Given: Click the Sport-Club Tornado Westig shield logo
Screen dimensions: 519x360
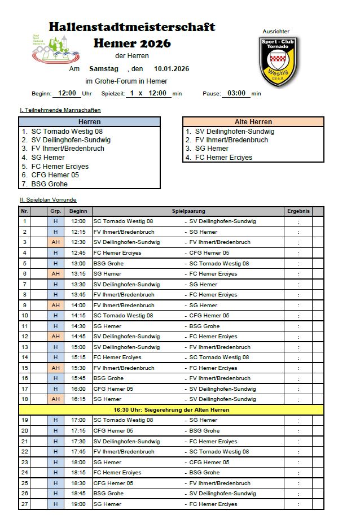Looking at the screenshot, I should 279,61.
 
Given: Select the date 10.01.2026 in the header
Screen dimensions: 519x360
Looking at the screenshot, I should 172,69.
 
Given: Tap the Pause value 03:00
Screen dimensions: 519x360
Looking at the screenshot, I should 236,93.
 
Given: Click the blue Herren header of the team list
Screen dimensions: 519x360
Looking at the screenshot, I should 89,121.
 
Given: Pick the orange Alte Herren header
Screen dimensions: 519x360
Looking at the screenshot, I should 253,121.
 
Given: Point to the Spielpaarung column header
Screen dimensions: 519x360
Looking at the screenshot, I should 188,211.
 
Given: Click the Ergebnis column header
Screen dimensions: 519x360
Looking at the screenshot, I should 298,211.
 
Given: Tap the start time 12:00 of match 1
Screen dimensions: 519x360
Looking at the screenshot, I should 78,221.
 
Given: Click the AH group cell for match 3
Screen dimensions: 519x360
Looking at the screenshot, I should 55,242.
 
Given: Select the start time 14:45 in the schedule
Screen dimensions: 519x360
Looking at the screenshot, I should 78,337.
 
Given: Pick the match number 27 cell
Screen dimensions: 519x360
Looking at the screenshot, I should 24,504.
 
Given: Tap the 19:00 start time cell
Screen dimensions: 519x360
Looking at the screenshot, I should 78,504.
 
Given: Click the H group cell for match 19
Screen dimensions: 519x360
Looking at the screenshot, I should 55,420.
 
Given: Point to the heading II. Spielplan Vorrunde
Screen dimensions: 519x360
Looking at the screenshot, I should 48,200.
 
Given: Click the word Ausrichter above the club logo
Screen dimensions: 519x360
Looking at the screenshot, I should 276,32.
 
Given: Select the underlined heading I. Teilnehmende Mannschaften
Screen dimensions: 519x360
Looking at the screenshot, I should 60,110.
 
